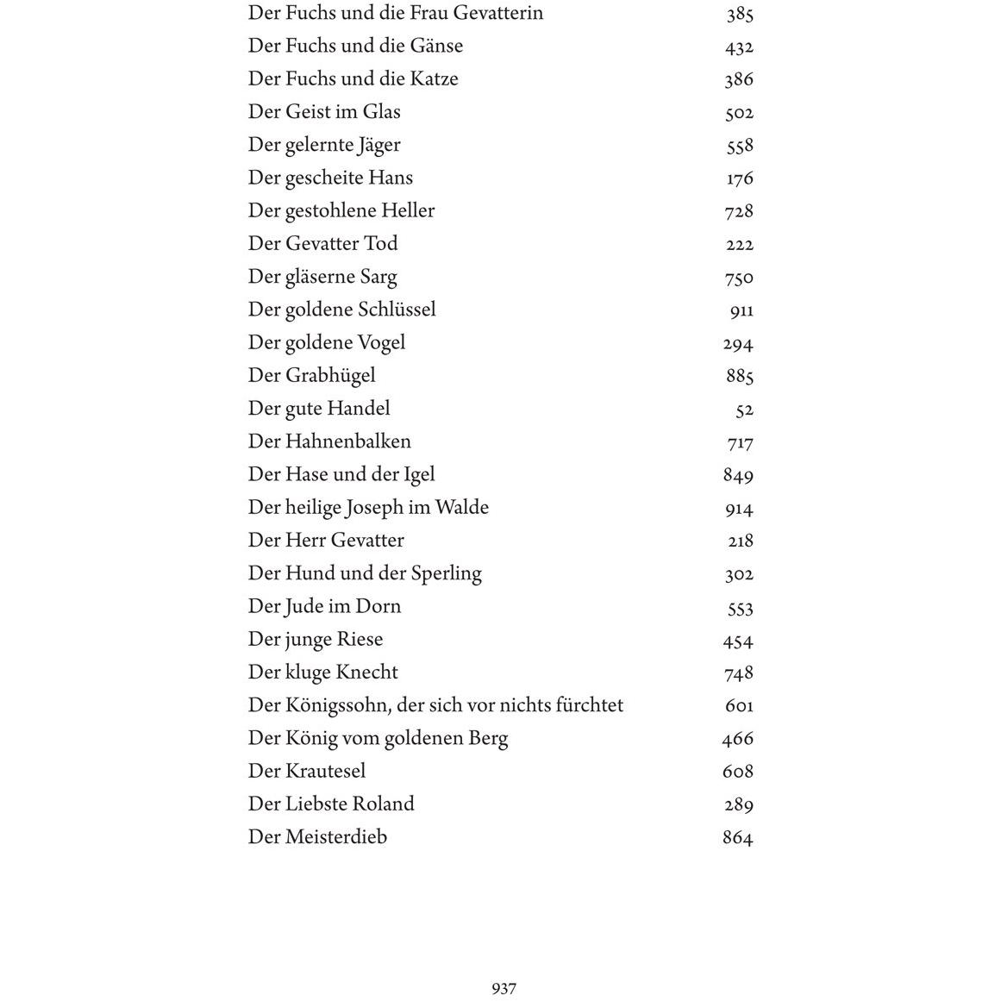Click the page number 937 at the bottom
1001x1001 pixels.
(504, 988)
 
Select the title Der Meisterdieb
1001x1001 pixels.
(317, 837)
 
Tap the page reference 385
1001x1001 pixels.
(740, 14)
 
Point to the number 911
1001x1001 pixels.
(741, 310)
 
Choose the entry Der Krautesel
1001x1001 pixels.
(307, 771)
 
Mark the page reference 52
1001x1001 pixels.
(745, 410)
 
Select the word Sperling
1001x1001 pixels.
(446, 574)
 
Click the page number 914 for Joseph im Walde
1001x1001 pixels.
(740, 509)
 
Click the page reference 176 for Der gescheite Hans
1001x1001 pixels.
(740, 178)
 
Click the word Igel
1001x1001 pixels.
(419, 475)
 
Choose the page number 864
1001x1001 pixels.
(738, 837)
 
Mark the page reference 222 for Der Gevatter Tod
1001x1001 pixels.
(740, 245)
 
